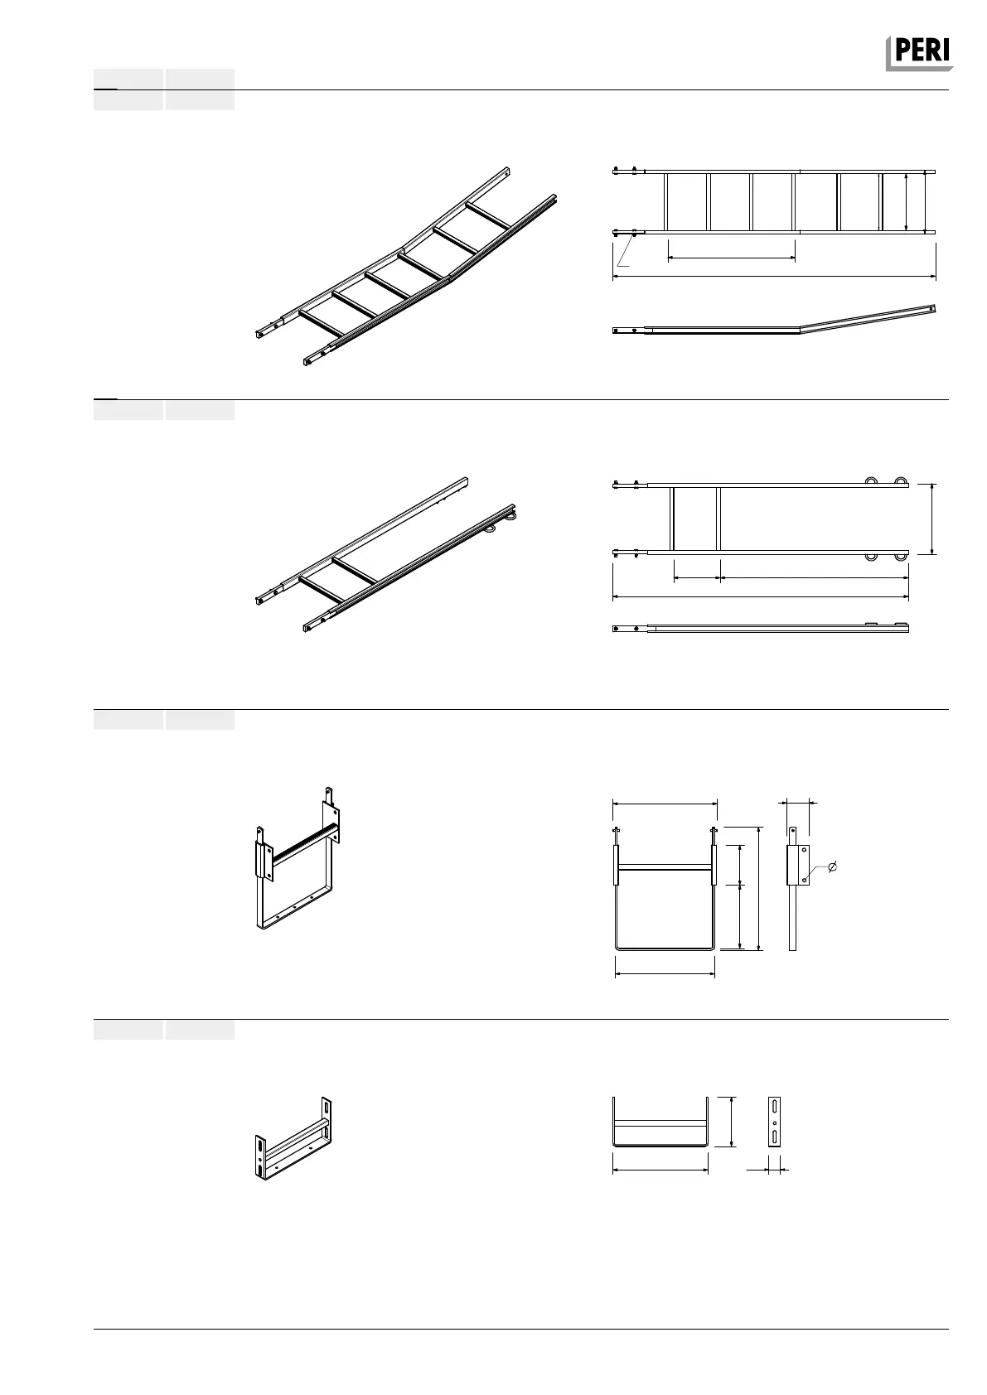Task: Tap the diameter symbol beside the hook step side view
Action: [x=834, y=866]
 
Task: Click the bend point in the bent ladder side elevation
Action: [x=799, y=328]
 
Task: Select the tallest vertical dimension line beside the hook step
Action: [x=759, y=887]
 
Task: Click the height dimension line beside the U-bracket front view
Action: [x=732, y=1122]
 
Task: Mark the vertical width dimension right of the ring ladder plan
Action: [x=933, y=519]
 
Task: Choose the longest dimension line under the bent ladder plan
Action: [x=774, y=277]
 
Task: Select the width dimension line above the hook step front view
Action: [x=665, y=802]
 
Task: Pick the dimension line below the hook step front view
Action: [x=665, y=974]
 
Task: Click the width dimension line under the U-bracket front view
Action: [x=660, y=1170]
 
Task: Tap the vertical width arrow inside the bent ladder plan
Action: [x=907, y=201]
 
